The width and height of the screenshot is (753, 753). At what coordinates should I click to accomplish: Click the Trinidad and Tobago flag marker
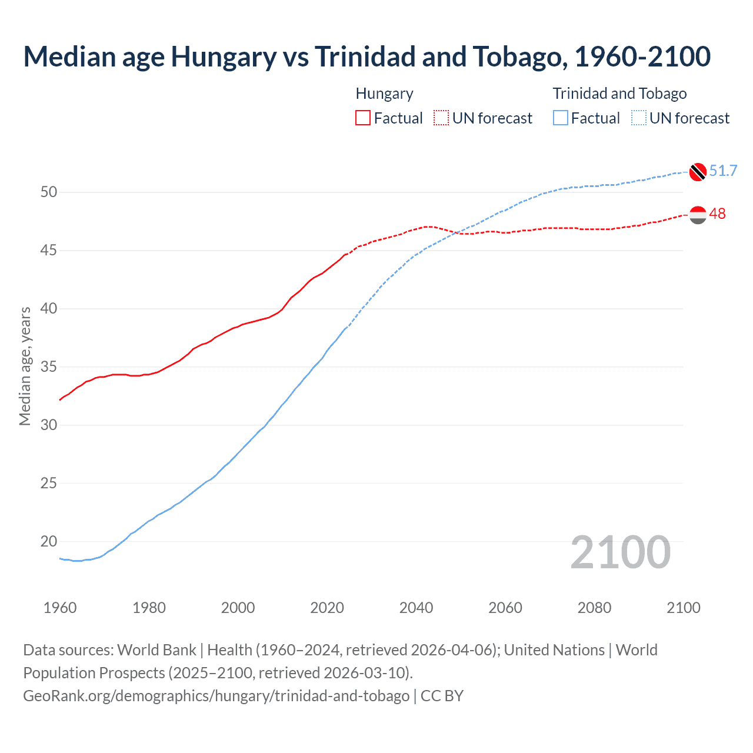click(x=698, y=171)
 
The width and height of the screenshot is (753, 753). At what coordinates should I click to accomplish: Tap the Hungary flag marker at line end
click(x=698, y=215)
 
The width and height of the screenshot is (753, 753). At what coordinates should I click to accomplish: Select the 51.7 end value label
click(x=723, y=171)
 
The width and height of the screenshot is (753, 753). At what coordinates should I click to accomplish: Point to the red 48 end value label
click(x=717, y=214)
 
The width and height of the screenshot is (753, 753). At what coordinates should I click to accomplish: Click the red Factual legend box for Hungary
click(x=363, y=118)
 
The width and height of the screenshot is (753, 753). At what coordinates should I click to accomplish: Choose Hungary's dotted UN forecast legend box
click(x=441, y=118)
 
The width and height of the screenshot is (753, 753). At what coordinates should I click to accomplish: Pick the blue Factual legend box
click(x=561, y=118)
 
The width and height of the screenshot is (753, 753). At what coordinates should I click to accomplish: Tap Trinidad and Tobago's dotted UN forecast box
click(x=638, y=118)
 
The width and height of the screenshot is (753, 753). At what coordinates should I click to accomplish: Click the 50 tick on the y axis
click(x=49, y=192)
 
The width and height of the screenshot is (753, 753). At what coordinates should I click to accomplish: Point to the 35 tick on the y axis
click(x=49, y=367)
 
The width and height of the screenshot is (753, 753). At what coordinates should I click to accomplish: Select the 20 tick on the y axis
click(x=49, y=541)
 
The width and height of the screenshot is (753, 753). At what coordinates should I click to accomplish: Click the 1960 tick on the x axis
click(x=60, y=608)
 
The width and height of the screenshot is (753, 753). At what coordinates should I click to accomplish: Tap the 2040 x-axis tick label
click(x=416, y=608)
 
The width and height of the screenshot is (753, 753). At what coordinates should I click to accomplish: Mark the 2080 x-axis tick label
click(x=594, y=608)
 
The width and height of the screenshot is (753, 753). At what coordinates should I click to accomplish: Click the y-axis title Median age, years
click(x=25, y=366)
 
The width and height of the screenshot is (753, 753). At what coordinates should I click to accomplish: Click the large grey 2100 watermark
click(x=620, y=552)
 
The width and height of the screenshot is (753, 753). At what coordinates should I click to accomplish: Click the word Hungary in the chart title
click(x=223, y=56)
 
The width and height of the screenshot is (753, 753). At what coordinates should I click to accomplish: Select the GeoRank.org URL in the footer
click(x=216, y=696)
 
